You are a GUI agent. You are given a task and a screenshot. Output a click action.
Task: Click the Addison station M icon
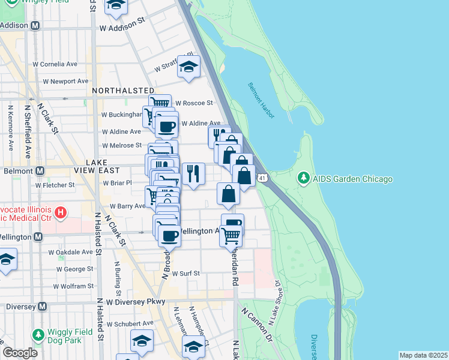click(x=35, y=26)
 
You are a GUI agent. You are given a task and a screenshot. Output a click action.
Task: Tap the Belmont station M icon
click(x=40, y=171)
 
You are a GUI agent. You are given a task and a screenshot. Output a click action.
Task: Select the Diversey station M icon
click(x=43, y=306)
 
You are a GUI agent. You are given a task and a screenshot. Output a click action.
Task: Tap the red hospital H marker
click(x=60, y=212)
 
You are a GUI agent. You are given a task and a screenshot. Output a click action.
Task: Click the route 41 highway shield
click(x=262, y=178)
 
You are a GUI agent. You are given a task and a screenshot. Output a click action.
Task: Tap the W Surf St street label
click(x=185, y=273)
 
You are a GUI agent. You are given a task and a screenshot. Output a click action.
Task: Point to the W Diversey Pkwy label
click(x=135, y=302)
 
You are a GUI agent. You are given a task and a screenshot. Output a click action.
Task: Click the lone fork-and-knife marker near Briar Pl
click(x=193, y=173)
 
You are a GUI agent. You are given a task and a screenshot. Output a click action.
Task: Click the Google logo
click(x=20, y=353)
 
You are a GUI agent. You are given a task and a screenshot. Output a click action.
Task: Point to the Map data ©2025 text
click(x=423, y=355)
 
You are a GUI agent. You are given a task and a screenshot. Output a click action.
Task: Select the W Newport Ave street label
click(x=61, y=81)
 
